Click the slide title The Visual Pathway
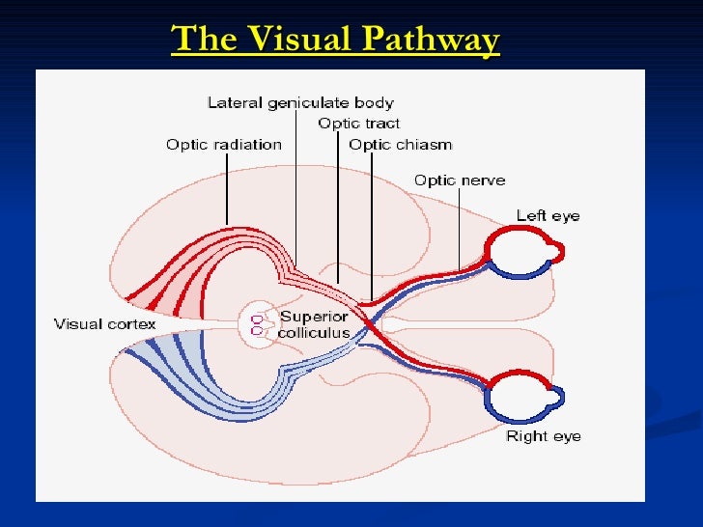[x=335, y=40]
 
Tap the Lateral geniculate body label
[x=300, y=102]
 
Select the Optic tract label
[x=358, y=124]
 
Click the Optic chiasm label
[x=400, y=145]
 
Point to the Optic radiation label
[x=224, y=145]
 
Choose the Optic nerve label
[x=459, y=180]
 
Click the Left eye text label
[x=548, y=215]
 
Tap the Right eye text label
[x=544, y=436]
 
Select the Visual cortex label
[x=104, y=323]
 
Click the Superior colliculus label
[x=314, y=324]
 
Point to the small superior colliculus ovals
[x=257, y=323]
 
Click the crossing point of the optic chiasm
[x=366, y=318]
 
